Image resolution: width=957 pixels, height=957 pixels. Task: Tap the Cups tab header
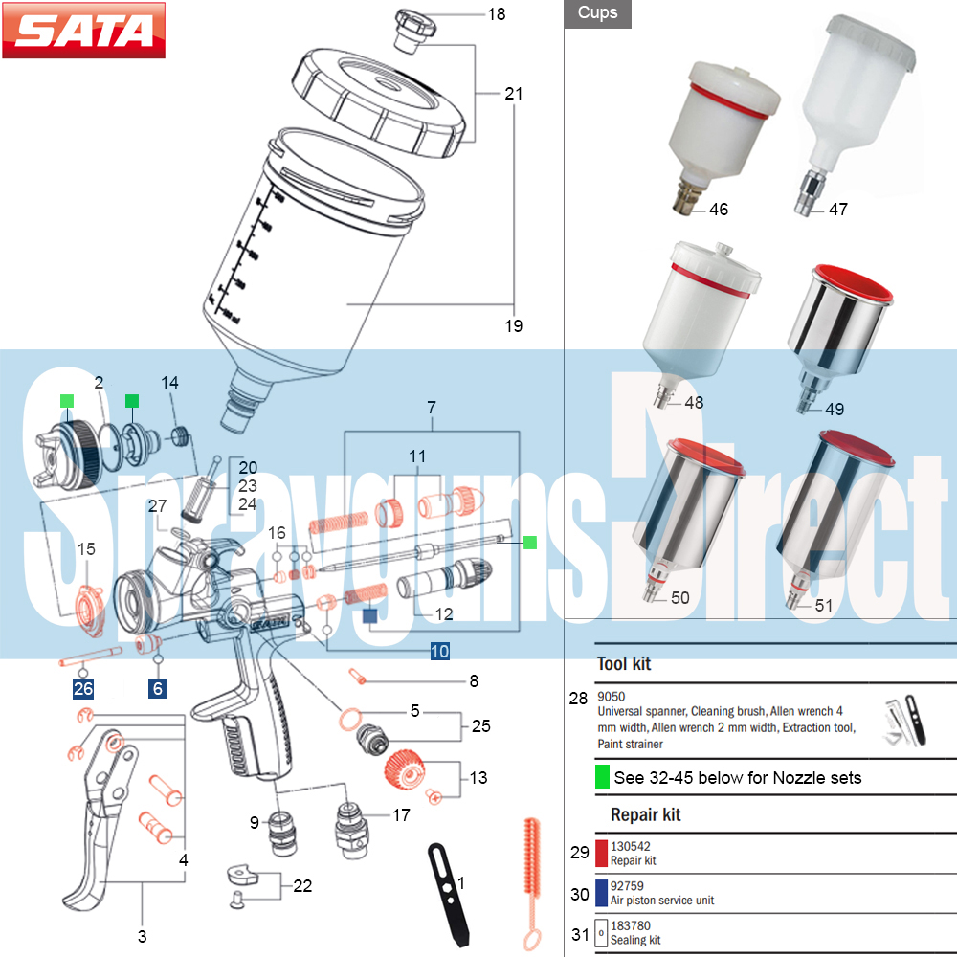coord(597,13)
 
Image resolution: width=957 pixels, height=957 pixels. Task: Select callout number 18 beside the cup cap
coord(496,14)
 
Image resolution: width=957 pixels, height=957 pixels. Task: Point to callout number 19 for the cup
coord(514,326)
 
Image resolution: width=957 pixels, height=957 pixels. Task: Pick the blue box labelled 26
coord(83,688)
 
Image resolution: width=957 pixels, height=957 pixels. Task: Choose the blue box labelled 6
coord(158,688)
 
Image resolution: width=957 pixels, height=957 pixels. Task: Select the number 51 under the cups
coord(824,605)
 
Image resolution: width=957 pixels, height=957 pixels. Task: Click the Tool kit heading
coord(624,663)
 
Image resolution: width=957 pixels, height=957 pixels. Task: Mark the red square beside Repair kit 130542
coord(602,853)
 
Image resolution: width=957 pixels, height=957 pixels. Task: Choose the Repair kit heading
coord(646,815)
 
